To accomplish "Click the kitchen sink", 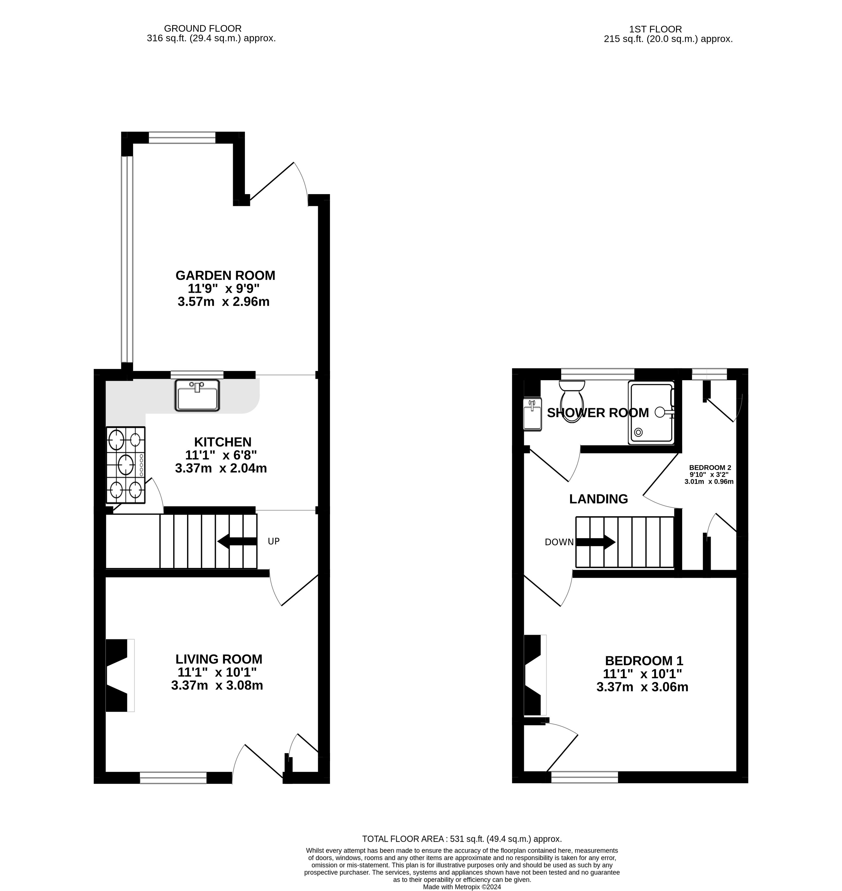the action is (x=197, y=395).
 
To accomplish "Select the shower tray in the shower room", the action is (x=651, y=413).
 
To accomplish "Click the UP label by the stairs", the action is (x=274, y=542).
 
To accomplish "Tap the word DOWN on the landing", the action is (x=559, y=542).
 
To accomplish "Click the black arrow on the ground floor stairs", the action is (x=237, y=542).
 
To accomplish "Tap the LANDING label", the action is (x=598, y=499).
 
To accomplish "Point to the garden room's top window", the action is (x=182, y=137).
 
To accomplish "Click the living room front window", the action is (x=173, y=778).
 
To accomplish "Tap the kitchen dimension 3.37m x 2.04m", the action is (x=221, y=468).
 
